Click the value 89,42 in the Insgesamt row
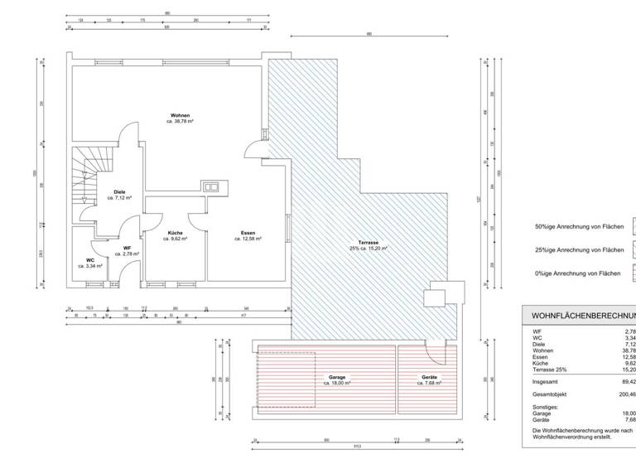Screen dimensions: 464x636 [627, 382]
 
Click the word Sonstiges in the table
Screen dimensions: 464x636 [548, 406]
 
